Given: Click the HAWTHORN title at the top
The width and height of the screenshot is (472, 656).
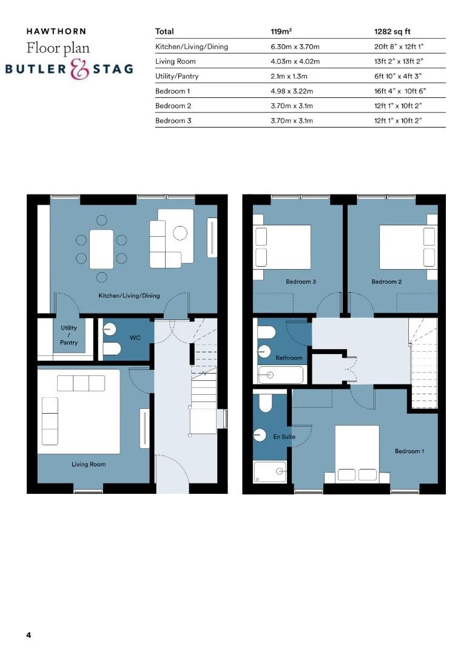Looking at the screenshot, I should point(56,31).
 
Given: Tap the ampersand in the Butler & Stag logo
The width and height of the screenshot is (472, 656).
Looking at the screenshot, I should point(80,69).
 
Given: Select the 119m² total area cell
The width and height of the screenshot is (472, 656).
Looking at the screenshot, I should point(282,31).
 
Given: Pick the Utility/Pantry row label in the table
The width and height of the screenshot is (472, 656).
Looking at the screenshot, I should point(177,77).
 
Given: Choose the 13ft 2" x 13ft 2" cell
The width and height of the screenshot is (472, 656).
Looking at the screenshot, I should point(397,61).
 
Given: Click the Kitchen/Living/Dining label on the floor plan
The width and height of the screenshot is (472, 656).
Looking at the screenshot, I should point(129,296).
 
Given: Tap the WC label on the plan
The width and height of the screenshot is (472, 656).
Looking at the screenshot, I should point(135,337).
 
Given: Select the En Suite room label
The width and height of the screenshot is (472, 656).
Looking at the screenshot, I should point(284,437).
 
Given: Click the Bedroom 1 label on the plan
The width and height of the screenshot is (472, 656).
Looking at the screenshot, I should point(410,451).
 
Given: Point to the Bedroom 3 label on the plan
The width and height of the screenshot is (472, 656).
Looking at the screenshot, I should point(301,282).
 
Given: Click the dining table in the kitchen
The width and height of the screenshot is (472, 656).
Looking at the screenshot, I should point(101,248).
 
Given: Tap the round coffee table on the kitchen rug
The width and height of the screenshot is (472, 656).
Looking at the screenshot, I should point(180,233).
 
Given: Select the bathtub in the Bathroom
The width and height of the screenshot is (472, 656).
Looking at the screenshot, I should point(280,375).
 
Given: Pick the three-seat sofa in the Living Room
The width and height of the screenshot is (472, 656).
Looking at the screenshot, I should point(81,383).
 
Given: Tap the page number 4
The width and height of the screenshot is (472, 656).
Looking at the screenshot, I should point(29,635).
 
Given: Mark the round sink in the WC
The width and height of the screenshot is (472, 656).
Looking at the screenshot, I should point(109,328).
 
